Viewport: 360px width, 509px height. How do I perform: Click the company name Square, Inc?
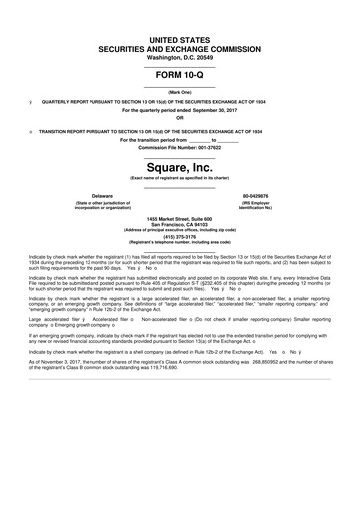pos(180,166)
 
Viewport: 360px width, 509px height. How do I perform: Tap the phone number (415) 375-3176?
pos(180,236)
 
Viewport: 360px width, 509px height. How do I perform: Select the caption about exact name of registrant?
pos(180,177)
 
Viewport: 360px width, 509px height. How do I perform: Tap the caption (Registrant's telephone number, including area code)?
pos(180,243)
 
